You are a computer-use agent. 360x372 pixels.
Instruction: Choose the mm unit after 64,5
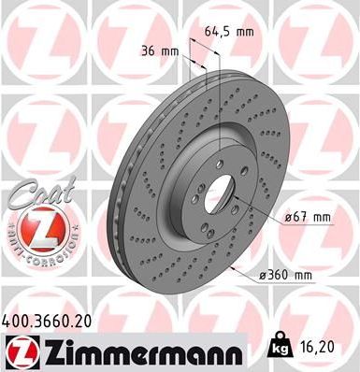click(x=246, y=32)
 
